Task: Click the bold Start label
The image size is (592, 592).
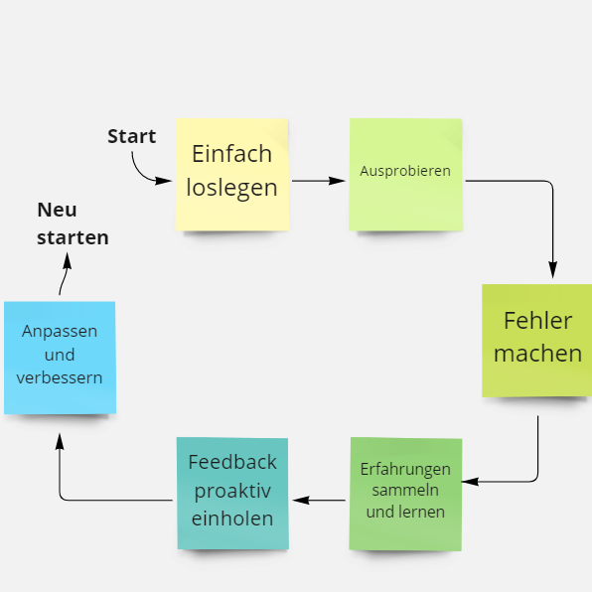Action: [x=132, y=136]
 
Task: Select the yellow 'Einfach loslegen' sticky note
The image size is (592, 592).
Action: [x=232, y=175]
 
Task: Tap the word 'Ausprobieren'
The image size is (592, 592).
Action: [x=405, y=172]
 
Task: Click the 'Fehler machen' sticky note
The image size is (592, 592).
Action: [x=537, y=340]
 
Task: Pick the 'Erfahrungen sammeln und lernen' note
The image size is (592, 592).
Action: [x=405, y=494]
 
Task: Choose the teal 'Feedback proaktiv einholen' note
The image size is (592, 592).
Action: [x=232, y=493]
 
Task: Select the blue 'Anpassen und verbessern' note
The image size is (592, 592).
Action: [x=60, y=358]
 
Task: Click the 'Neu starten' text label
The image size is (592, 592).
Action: [x=73, y=223]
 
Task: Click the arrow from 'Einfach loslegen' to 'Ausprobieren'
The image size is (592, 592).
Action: [x=318, y=181]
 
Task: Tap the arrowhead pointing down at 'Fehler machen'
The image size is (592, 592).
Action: [x=552, y=269]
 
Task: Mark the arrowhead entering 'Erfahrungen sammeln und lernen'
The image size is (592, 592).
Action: [x=470, y=482]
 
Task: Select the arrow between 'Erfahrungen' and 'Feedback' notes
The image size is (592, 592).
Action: [x=319, y=501]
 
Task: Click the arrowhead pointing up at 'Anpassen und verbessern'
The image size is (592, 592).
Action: [x=60, y=441]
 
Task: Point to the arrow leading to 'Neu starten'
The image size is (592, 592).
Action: [x=65, y=273]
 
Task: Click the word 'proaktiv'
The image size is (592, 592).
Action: [x=232, y=492]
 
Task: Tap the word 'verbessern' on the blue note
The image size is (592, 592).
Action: [x=60, y=377]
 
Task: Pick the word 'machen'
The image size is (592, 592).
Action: [x=537, y=354]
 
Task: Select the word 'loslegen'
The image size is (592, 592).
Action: [x=231, y=189]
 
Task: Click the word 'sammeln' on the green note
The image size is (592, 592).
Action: [x=405, y=491]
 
